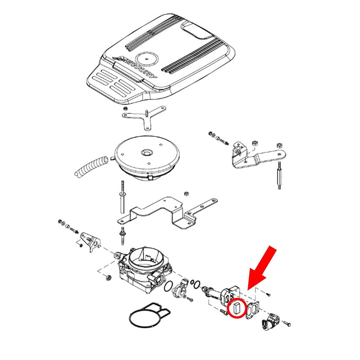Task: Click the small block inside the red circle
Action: click(236, 308)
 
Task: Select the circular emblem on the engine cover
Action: click(146, 58)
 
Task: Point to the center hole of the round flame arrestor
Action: click(146, 152)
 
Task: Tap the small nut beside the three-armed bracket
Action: click(126, 108)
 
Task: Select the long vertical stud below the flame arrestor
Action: click(122, 197)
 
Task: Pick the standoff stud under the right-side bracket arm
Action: click(279, 175)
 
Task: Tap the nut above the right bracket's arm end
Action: click(279, 145)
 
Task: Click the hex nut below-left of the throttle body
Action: click(109, 278)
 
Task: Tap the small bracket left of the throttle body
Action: click(91, 242)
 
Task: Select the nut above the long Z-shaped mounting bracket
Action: click(187, 193)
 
